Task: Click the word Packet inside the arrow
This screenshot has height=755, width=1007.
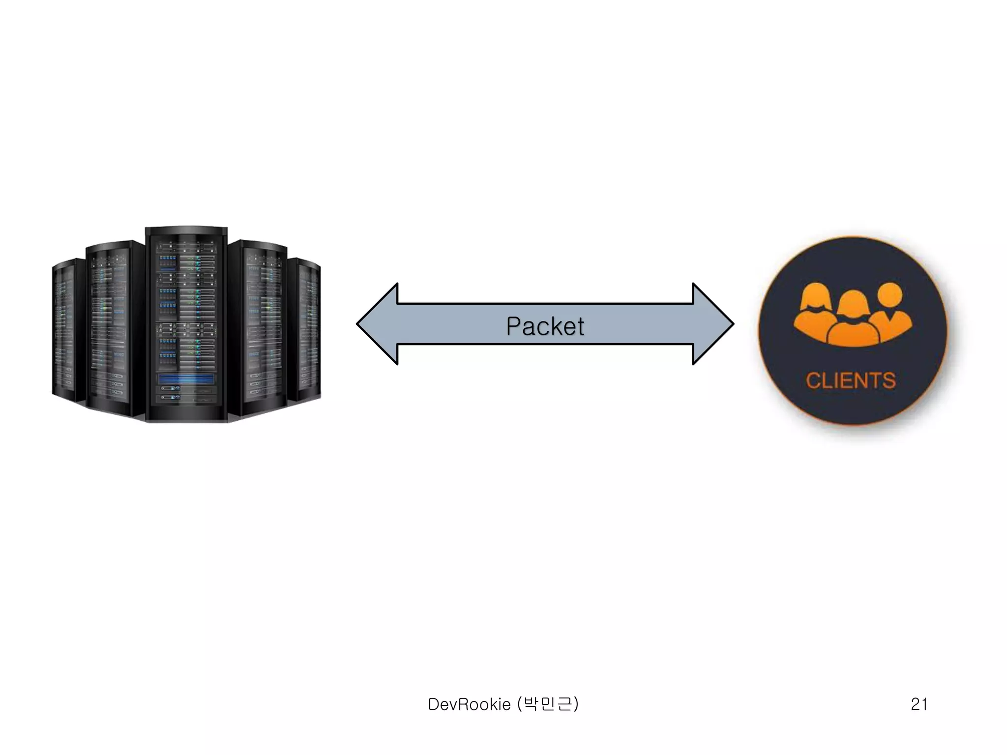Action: [x=545, y=326]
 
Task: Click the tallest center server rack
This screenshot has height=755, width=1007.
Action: [x=186, y=324]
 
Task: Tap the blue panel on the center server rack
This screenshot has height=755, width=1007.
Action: [x=186, y=379]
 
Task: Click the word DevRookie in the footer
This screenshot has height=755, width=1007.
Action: [x=469, y=704]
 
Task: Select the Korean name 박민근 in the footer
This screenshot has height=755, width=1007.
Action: [x=548, y=704]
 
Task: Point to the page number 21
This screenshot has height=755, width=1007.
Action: [x=919, y=704]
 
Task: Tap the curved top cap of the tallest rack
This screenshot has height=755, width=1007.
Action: [x=186, y=230]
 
